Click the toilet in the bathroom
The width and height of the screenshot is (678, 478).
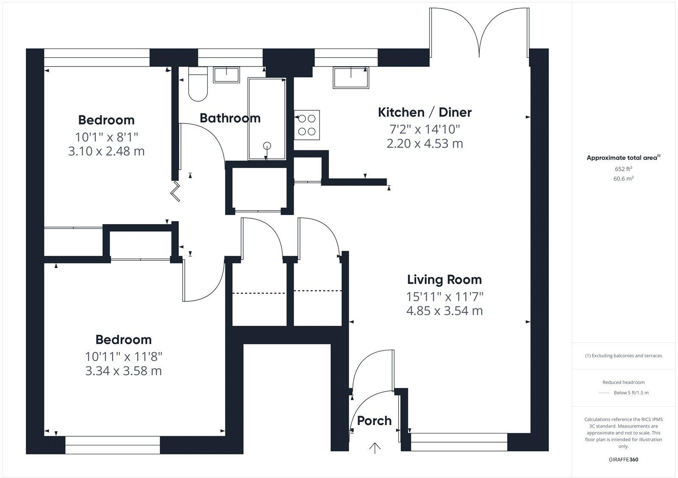click(197, 85)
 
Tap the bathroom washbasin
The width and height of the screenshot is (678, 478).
click(226, 75)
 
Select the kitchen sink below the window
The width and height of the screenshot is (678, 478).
click(351, 78)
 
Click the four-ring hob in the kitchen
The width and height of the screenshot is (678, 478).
click(307, 125)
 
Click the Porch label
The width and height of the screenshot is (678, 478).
click(374, 421)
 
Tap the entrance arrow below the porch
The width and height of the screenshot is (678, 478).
click(375, 447)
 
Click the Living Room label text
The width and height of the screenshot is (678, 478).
click(445, 280)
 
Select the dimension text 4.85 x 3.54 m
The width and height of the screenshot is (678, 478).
click(445, 311)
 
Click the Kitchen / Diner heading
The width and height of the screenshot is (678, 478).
click(425, 112)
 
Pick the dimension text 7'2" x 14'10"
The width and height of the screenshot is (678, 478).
click(425, 128)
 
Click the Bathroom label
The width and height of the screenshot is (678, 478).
click(230, 118)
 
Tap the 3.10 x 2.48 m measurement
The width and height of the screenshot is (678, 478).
click(106, 151)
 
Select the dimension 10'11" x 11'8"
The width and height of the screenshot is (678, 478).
click(123, 356)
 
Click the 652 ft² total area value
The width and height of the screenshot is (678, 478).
click(623, 169)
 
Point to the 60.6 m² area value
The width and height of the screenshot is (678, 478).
click(623, 179)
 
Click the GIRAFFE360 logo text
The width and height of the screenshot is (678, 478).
click(623, 459)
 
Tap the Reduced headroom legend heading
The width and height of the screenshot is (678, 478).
click(623, 382)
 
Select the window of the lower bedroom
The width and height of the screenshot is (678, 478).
click(113, 445)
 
